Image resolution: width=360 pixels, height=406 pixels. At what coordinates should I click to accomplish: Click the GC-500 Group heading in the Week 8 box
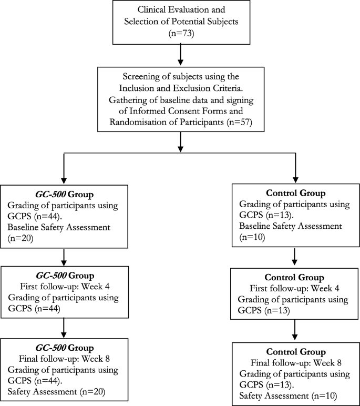[x=64, y=348]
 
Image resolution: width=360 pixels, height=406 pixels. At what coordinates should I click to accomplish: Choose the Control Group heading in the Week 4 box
[x=295, y=277]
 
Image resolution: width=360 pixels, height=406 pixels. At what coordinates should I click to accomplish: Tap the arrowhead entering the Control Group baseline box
[x=295, y=180]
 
